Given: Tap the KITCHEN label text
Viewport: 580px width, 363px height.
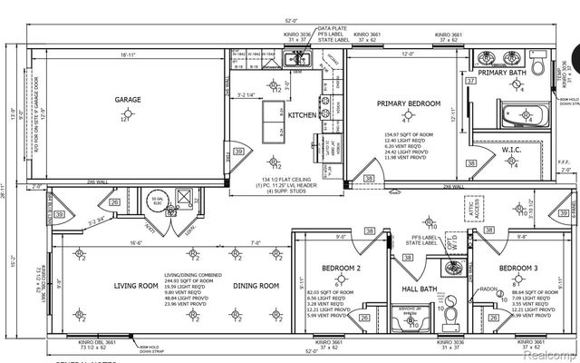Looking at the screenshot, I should [x=301, y=115].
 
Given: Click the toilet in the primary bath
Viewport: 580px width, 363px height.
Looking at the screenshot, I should [x=537, y=66].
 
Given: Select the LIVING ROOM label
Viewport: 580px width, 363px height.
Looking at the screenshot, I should [x=136, y=287].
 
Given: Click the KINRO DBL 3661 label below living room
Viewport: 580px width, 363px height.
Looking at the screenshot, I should [x=97, y=342].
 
